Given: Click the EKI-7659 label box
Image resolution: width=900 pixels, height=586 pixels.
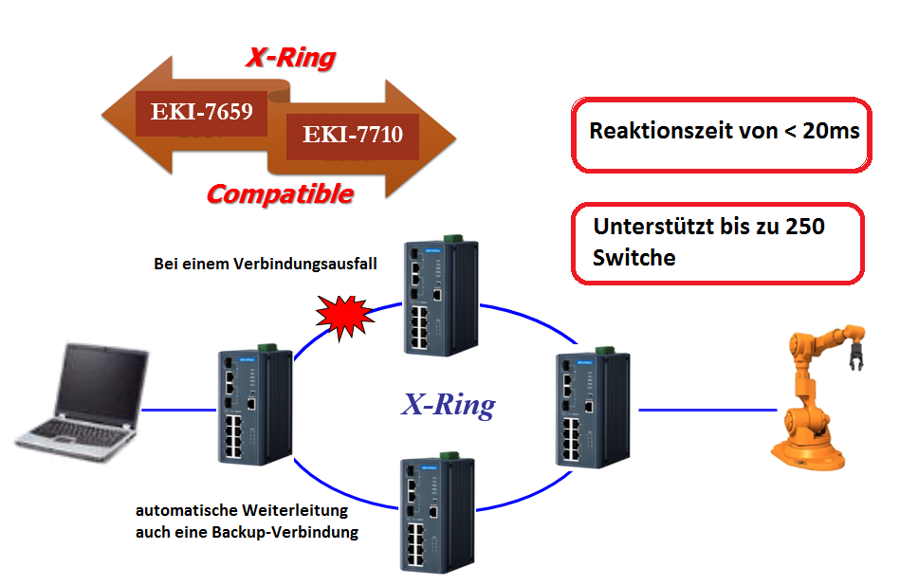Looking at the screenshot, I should click(x=201, y=112).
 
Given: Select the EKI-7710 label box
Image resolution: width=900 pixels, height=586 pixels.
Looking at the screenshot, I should click(x=353, y=135).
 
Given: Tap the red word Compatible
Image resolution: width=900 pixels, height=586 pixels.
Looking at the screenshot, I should click(x=280, y=194).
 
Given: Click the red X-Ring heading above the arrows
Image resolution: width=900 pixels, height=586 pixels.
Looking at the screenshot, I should click(x=290, y=58).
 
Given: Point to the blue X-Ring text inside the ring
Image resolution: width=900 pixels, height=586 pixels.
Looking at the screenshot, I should click(x=448, y=406).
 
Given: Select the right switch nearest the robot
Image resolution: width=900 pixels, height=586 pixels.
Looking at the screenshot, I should click(x=591, y=406).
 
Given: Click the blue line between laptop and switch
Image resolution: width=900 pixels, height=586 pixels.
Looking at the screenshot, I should click(x=181, y=410).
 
